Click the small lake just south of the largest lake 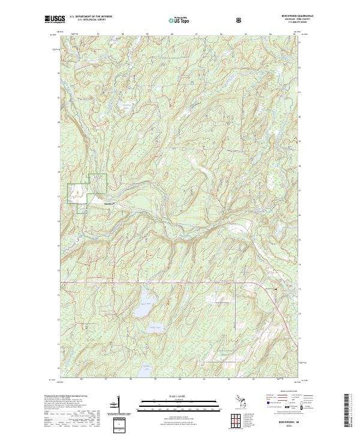(155, 327)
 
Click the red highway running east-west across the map (180, 281)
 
